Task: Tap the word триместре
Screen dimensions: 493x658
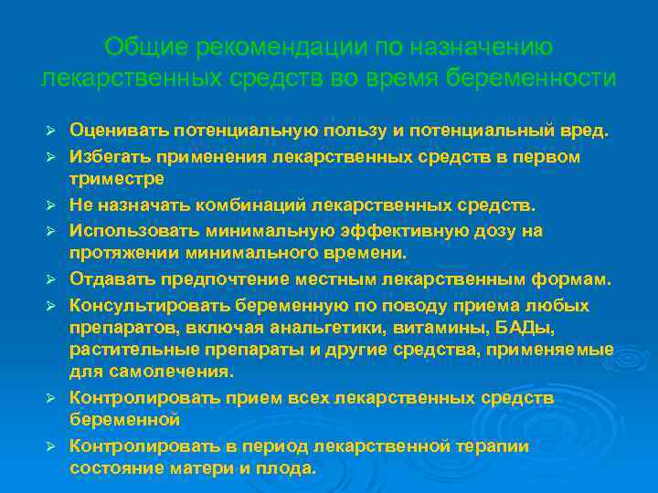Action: pyautogui.click(x=117, y=178)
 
